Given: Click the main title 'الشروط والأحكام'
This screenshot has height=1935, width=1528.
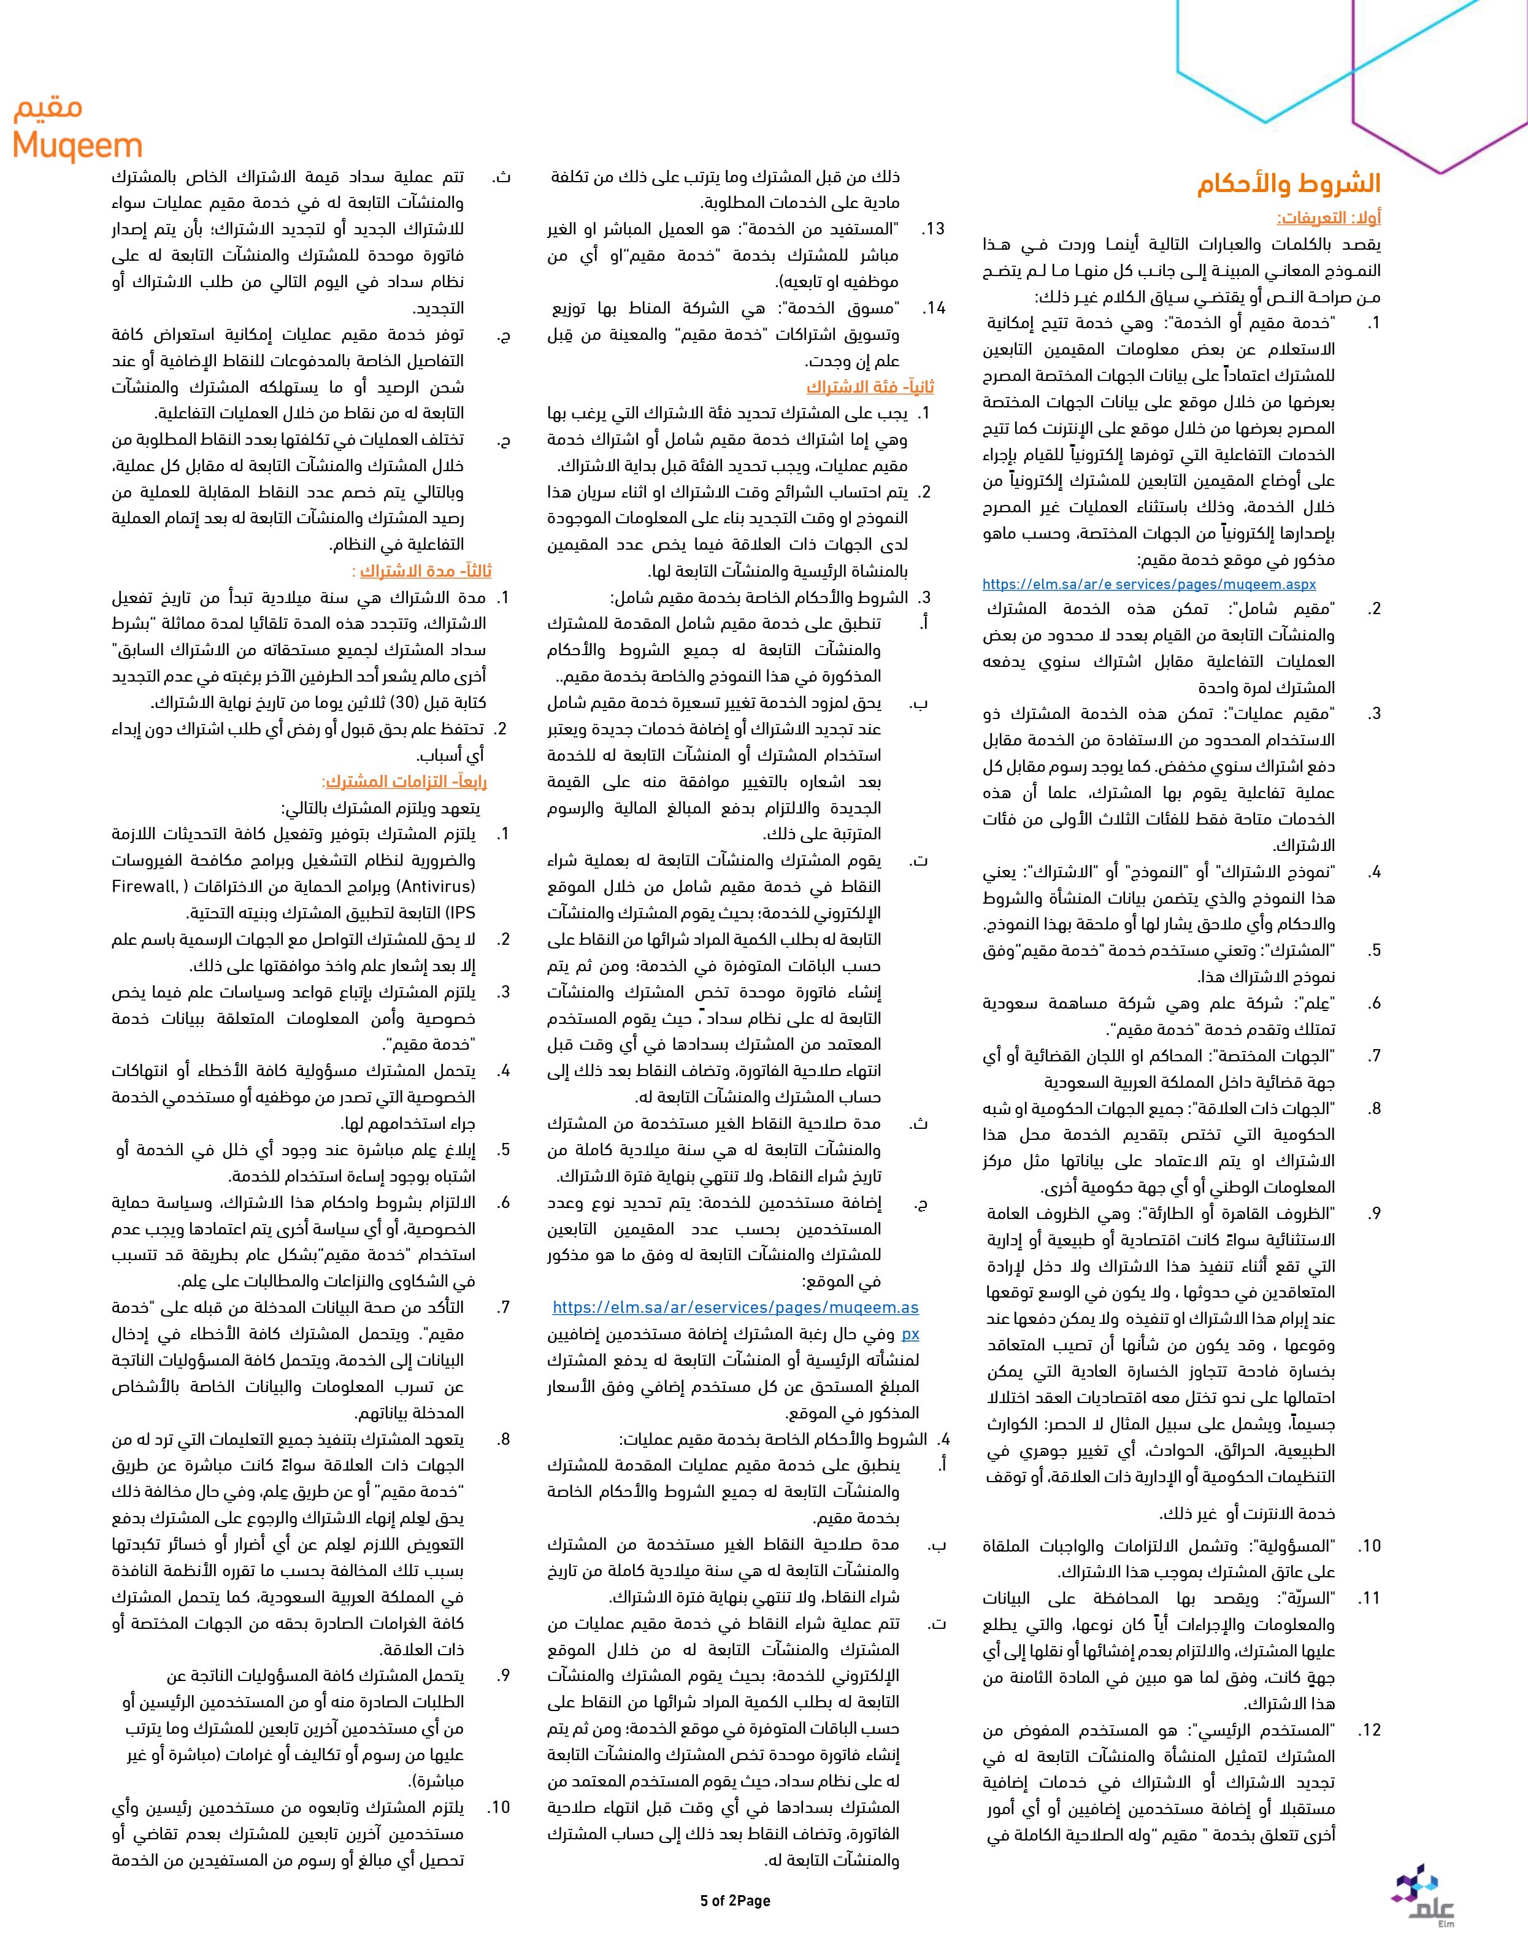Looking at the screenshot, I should (x=1289, y=184).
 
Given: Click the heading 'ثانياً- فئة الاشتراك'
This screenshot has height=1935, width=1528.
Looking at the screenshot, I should (x=870, y=387).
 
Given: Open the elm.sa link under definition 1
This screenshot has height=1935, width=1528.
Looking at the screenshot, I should (x=1149, y=584).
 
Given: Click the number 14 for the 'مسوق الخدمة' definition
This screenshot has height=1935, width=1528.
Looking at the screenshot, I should (x=934, y=308).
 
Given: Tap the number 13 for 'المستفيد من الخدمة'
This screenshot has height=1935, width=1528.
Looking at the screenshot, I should (x=934, y=229).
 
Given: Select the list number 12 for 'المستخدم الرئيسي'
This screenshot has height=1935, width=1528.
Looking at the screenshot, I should (x=1370, y=1730).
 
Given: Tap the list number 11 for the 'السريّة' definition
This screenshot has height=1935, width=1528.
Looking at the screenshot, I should (x=1370, y=1598).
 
